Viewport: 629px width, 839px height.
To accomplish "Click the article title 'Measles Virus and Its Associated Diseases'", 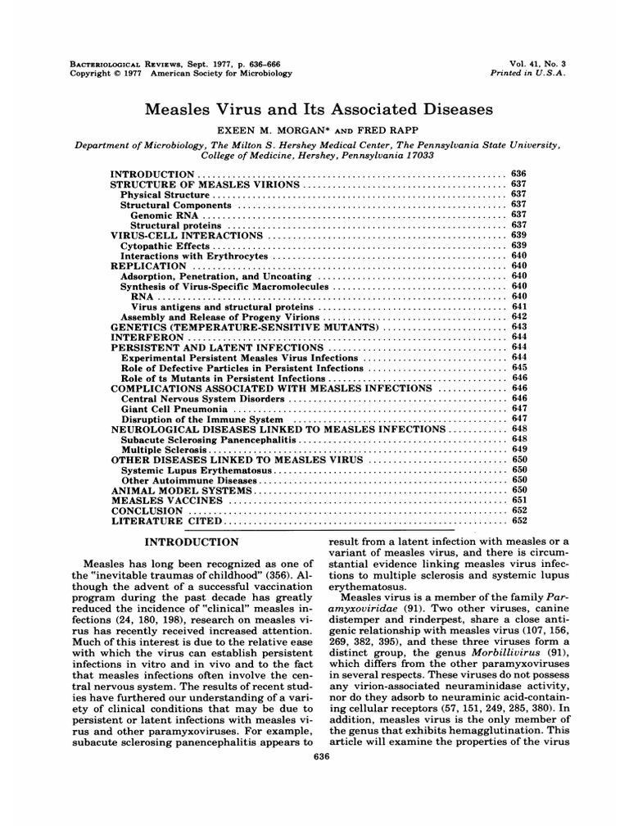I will pyautogui.click(x=315, y=109).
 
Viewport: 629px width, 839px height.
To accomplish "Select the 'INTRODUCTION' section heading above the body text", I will pyautogui.click(x=192, y=542).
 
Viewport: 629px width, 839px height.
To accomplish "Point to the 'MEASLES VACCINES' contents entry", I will pyautogui.click(x=166, y=500).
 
